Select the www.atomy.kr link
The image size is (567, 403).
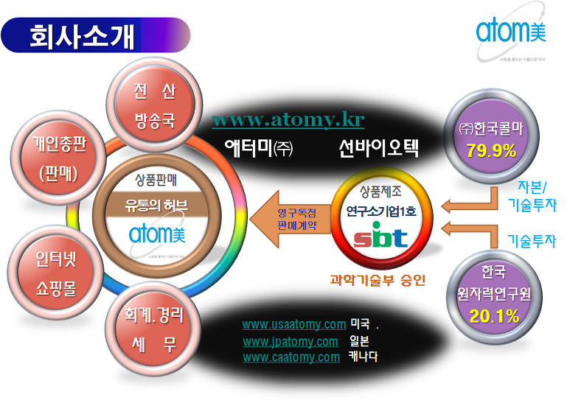point(288,119)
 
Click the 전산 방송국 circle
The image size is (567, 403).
point(154,105)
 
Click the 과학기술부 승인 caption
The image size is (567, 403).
point(378,280)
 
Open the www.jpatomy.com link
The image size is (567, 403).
point(291,341)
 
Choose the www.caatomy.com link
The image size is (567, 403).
point(291,357)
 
